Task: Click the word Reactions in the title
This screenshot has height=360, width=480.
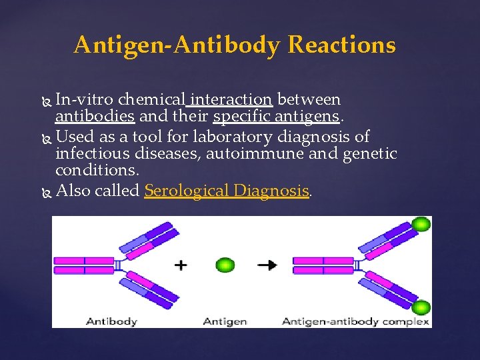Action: tap(342, 45)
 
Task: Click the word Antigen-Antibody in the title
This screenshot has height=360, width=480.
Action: tap(179, 45)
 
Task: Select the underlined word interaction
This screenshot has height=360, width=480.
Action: tap(231, 100)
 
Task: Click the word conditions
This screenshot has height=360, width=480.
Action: tap(97, 171)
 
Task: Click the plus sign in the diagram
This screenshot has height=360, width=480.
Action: tap(180, 265)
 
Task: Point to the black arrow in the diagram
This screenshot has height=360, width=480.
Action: tap(268, 265)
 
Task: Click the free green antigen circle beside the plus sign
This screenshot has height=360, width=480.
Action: tap(226, 265)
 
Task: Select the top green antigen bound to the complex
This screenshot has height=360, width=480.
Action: tap(421, 224)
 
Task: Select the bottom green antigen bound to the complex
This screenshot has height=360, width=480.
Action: tap(421, 308)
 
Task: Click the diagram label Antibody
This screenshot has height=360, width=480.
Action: tap(111, 321)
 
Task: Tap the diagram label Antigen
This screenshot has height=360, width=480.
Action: tap(225, 321)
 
